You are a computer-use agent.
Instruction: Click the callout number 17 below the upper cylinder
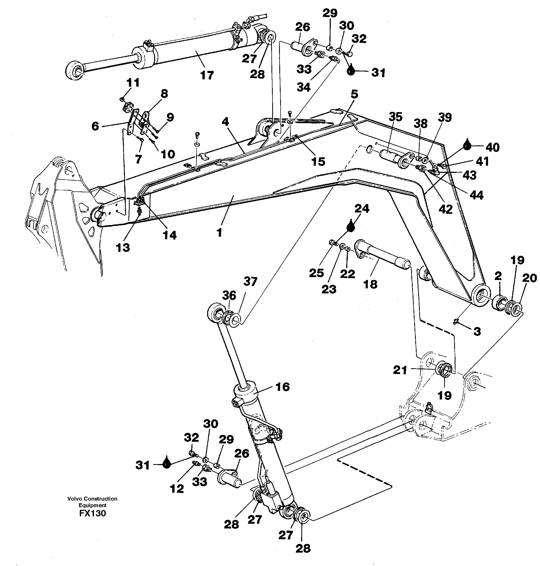click(x=207, y=75)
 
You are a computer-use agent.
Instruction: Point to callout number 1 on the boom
click(x=219, y=232)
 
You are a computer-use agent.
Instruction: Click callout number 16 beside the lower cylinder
click(x=282, y=387)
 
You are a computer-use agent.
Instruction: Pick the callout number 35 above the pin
click(x=395, y=117)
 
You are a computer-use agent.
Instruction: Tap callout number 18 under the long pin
click(x=370, y=284)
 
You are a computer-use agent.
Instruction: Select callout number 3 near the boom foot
click(x=477, y=331)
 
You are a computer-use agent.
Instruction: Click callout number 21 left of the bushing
click(x=400, y=370)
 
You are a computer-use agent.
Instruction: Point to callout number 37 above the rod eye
click(x=250, y=281)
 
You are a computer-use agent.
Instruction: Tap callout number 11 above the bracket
click(x=133, y=83)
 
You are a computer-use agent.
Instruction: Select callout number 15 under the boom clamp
click(x=318, y=162)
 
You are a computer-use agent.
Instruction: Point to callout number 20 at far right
click(x=529, y=278)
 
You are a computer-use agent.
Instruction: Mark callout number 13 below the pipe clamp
click(x=123, y=247)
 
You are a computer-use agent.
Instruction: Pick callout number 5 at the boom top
click(x=354, y=94)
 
